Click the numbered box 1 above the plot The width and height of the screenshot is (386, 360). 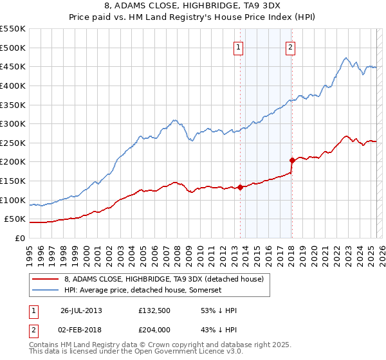pos(239,46)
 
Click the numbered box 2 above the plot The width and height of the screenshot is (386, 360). pos(291,46)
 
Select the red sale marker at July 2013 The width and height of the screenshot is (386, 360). pos(240,188)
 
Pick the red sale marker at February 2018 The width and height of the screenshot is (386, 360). pos(292,160)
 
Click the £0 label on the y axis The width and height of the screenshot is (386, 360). pos(19,238)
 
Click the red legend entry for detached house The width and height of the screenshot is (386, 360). pos(163,279)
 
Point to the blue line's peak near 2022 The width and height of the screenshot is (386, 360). pos(345,58)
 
